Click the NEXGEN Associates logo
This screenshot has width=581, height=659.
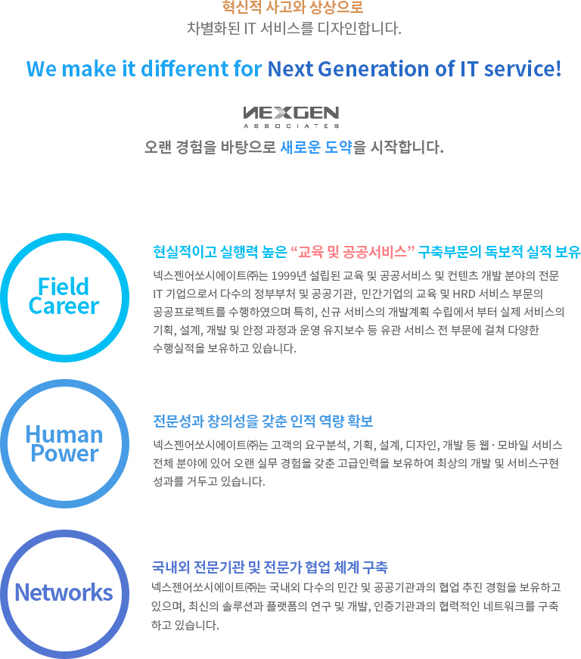point(291,117)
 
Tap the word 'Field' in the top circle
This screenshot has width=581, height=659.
point(64,287)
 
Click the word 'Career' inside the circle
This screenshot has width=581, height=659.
point(64,306)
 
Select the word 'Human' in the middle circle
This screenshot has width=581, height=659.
point(64,434)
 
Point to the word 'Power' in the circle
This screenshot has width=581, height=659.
point(64,453)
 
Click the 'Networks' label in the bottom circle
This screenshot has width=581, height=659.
point(64,592)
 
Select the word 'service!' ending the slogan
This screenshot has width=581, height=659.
point(523,69)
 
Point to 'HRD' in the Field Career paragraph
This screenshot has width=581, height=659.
point(464,294)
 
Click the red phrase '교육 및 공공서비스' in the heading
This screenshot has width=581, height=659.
point(352,252)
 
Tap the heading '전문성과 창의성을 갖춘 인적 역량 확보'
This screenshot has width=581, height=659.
point(263,421)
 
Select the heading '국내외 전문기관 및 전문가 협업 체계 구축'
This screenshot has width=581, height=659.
point(270,567)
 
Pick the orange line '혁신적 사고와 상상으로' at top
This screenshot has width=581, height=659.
point(293,7)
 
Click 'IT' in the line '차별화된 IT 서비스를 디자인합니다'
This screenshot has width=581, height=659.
point(250,29)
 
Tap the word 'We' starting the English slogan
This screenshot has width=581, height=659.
point(42,69)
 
